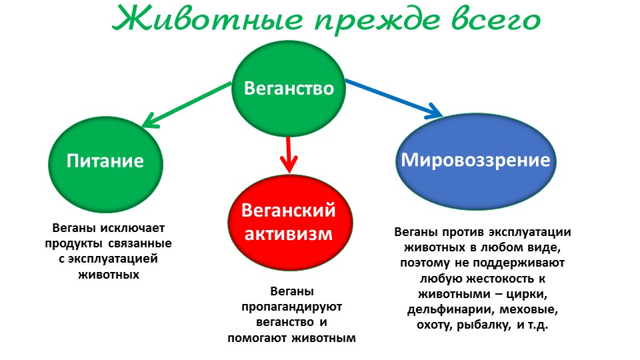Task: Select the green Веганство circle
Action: pyautogui.click(x=289, y=89)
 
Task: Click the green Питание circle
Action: pyautogui.click(x=106, y=164)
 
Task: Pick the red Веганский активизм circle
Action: pyautogui.click(x=290, y=223)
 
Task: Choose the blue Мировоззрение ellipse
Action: pyautogui.click(x=476, y=161)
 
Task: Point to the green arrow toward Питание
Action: pyautogui.click(x=186, y=105)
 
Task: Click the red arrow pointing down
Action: pyautogui.click(x=289, y=155)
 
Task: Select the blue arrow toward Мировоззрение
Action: pyautogui.click(x=394, y=99)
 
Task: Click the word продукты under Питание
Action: pyautogui.click(x=73, y=244)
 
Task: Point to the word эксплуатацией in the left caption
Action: pyautogui.click(x=113, y=259)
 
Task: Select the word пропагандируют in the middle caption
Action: pyautogui.click(x=291, y=307)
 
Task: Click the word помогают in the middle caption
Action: pyautogui.click(x=255, y=338)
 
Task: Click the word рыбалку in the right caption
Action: pyautogui.click(x=484, y=325)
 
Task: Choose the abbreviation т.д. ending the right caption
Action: pyautogui.click(x=537, y=325)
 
